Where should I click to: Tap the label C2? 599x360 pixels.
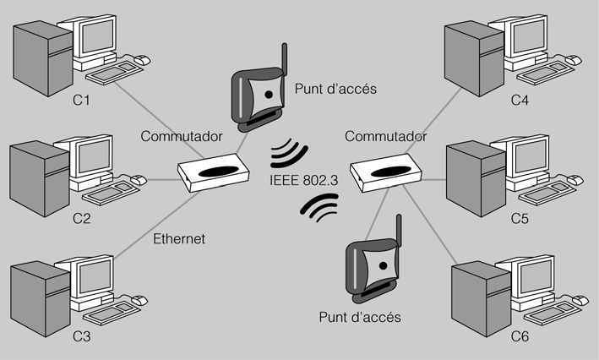click(81, 219)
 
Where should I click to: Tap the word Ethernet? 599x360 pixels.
click(179, 239)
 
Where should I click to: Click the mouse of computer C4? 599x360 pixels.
click(573, 60)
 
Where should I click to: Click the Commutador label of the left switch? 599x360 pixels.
click(182, 135)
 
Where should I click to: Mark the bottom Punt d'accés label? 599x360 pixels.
click(359, 318)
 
